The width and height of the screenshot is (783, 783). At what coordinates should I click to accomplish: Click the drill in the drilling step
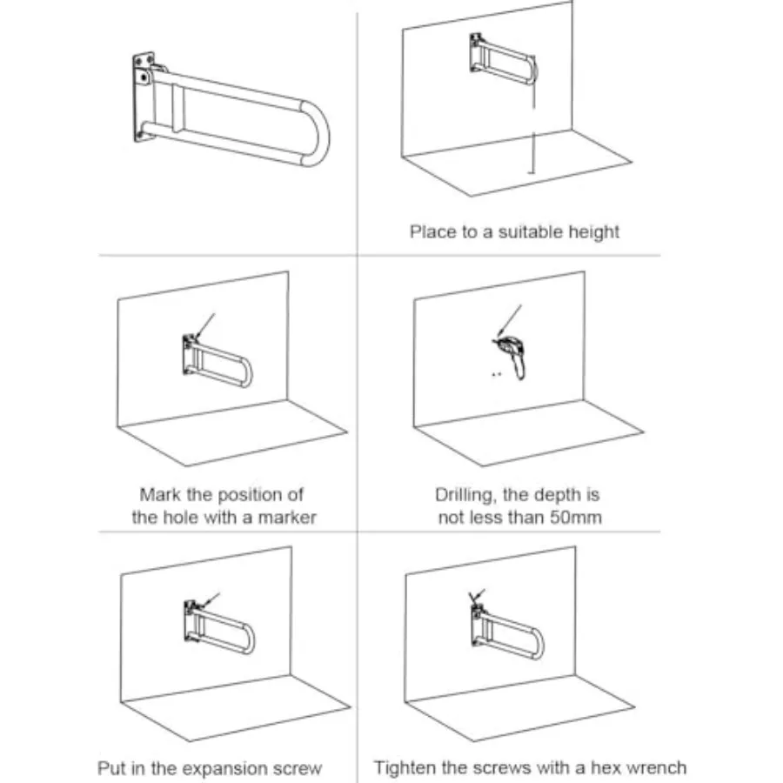coord(512,356)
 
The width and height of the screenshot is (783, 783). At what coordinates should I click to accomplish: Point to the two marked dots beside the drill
coord(497,374)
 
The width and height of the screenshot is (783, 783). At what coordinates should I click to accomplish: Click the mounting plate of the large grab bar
coord(144,97)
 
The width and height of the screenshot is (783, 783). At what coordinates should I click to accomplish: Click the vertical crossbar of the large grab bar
coord(177,108)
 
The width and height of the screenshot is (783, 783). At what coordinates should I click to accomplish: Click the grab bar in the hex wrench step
coord(507,632)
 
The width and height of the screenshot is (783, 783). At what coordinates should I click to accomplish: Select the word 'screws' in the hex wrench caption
coord(504,767)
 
